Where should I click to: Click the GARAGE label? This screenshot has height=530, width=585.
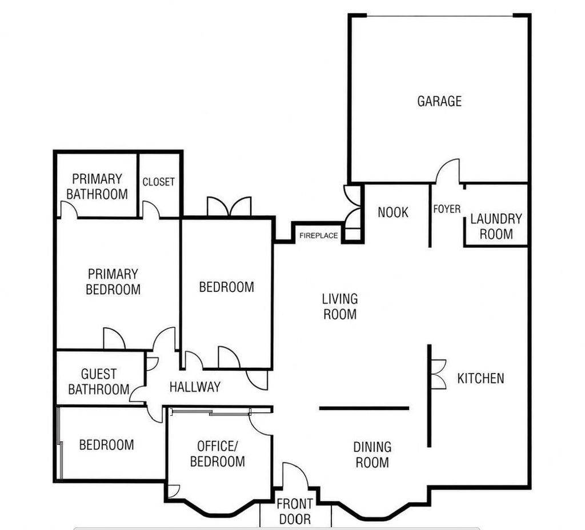click(x=439, y=101)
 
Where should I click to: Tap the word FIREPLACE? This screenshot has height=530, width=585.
click(x=318, y=236)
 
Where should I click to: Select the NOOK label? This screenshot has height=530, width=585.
click(x=393, y=212)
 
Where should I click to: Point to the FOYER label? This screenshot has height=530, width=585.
click(x=447, y=209)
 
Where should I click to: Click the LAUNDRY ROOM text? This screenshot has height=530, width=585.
click(x=496, y=226)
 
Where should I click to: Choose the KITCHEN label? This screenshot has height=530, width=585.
click(x=480, y=379)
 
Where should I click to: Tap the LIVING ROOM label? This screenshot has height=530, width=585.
click(x=340, y=307)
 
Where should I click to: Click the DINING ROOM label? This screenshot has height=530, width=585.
click(x=372, y=455)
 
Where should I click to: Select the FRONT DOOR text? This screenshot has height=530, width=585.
click(x=295, y=512)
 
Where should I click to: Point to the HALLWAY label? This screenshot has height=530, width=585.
click(x=195, y=387)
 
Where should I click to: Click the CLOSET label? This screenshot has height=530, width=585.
click(x=159, y=182)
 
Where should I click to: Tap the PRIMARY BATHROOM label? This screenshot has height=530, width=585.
click(x=97, y=187)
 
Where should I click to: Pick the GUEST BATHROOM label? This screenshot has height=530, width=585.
click(x=99, y=382)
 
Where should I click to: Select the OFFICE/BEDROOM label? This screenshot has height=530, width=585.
click(x=218, y=454)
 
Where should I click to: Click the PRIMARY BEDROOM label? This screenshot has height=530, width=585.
click(x=113, y=282)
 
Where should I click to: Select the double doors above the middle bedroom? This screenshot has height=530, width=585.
click(x=229, y=206)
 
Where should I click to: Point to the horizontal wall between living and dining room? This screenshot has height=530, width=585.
click(x=364, y=408)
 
